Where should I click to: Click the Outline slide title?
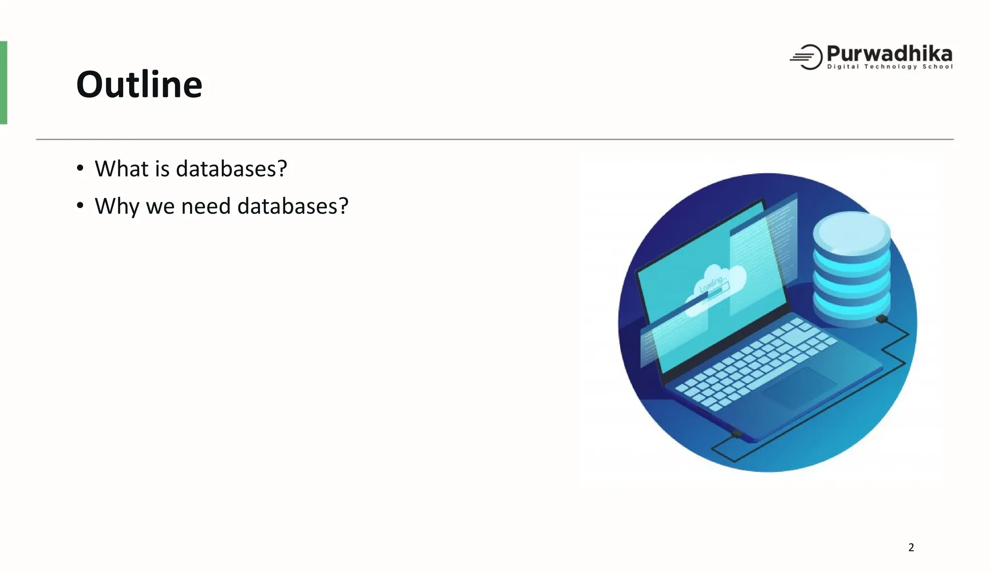tap(139, 84)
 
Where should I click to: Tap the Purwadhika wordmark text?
tap(889, 53)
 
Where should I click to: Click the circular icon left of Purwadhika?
tap(807, 57)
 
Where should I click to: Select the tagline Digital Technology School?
tap(889, 67)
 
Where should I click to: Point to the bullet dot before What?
tap(80, 168)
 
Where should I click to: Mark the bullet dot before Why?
tap(80, 206)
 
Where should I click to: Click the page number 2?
tap(911, 547)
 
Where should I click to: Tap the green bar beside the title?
tap(3, 83)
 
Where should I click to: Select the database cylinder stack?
tap(852, 269)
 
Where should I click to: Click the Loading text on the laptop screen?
tap(711, 284)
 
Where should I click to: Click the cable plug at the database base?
tap(882, 319)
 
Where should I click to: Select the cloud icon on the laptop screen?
tap(720, 283)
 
